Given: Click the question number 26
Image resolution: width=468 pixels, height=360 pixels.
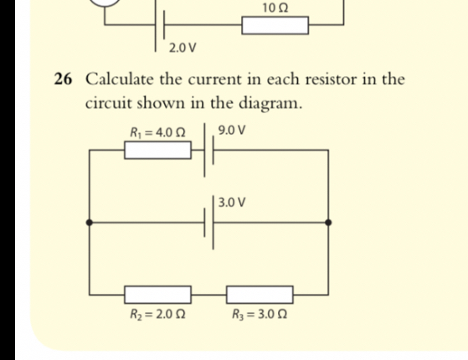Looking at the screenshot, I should [x=63, y=80].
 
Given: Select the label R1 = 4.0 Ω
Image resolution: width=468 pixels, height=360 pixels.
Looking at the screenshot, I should [x=157, y=131].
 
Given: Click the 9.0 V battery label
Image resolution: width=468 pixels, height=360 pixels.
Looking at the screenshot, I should [x=232, y=131].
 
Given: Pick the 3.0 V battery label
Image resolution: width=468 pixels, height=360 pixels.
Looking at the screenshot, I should [x=232, y=202].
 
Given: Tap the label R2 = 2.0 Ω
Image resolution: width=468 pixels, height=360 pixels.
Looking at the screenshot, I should [x=157, y=315].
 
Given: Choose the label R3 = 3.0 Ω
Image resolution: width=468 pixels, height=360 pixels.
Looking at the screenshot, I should [x=260, y=315].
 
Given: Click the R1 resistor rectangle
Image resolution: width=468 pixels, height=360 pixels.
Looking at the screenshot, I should [x=158, y=151].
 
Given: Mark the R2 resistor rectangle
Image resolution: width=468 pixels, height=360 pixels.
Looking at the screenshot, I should [x=158, y=294].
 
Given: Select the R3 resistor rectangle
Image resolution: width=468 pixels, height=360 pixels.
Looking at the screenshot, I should [x=260, y=294].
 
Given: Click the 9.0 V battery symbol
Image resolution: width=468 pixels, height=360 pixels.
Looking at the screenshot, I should [x=208, y=151].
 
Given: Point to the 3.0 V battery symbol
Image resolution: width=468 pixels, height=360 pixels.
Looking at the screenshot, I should [x=208, y=223].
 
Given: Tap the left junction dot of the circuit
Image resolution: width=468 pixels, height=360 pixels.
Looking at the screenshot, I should [x=90, y=223].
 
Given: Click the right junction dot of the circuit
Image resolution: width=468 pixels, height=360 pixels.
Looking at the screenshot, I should [x=328, y=223].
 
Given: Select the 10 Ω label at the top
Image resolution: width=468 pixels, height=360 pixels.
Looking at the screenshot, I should [x=275, y=7].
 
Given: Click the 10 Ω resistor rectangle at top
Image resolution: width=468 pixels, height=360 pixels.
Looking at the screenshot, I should [x=275, y=26].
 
